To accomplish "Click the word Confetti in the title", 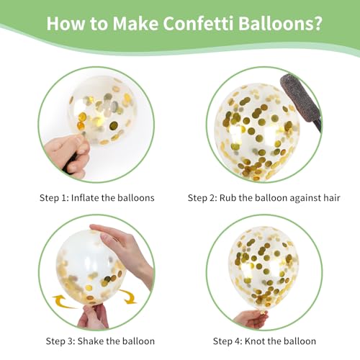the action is point(198,23).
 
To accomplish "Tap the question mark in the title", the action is point(318,23).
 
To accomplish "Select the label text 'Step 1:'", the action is point(54,198).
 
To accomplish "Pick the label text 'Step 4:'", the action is point(228,341).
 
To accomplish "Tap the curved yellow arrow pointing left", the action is point(63,302).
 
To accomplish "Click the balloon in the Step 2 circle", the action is point(257,132).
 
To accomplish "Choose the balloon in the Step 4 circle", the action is point(263,268).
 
